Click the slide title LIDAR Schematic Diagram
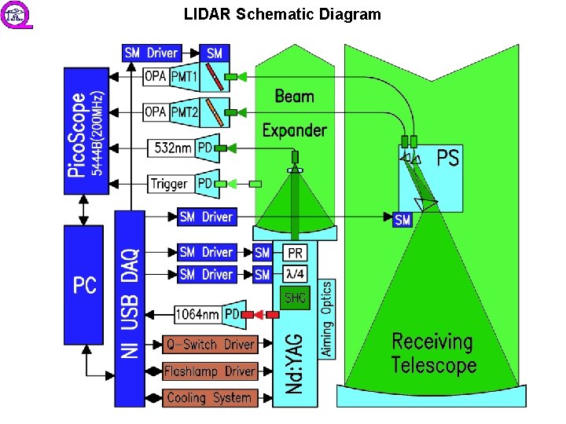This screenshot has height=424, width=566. click(x=282, y=14)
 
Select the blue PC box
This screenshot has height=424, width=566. click(x=86, y=284)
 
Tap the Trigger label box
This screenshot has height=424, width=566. click(x=170, y=184)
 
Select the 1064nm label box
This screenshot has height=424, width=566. click(x=197, y=315)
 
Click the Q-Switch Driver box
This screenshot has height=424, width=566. click(x=210, y=344)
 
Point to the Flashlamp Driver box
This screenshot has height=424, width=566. click(x=210, y=371)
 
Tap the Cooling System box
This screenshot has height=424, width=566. click(x=210, y=397)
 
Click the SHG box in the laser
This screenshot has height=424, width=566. click(x=296, y=298)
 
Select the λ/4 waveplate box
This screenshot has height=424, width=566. click(x=296, y=274)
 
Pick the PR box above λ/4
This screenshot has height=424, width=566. click(x=296, y=253)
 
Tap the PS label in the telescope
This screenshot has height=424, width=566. click(x=447, y=159)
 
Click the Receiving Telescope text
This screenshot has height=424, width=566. click(x=433, y=353)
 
